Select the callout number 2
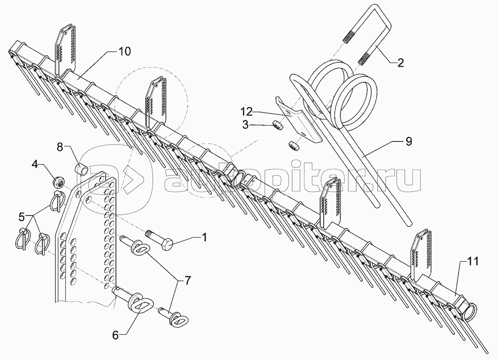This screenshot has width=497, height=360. point(401,63)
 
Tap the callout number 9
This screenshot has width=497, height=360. point(409,141)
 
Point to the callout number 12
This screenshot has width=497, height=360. point(246,112)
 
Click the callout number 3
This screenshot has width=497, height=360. point(245,125)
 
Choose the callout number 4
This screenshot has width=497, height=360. point(35,164)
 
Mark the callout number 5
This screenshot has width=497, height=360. point(22,217)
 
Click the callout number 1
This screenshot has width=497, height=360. point(205,237)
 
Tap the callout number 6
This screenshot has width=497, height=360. point(116,335)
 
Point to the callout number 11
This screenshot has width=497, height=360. point(473,261)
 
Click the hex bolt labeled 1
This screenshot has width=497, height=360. point(159,239)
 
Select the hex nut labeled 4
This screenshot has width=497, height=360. point(59,182)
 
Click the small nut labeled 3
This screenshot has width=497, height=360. point(276,124)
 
